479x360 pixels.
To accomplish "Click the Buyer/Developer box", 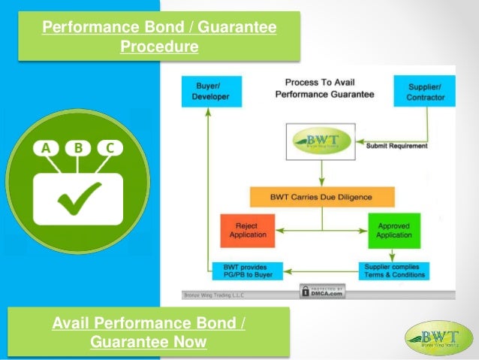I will [x=211, y=90].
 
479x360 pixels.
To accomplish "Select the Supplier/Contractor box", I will [x=425, y=90].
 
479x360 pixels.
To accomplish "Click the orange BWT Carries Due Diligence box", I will [x=321, y=197].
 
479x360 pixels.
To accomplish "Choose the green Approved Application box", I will [x=395, y=229].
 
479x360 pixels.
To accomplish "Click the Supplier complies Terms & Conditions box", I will [x=394, y=271].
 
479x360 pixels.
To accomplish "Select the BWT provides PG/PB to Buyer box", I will [x=247, y=271].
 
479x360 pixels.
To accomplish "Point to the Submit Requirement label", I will [x=396, y=146].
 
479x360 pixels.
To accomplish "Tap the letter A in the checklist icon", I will [x=46, y=148].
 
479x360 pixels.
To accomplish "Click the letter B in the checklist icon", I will [x=77, y=148].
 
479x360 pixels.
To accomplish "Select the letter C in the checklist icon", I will [x=110, y=148].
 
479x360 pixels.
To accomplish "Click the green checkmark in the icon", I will [x=78, y=195].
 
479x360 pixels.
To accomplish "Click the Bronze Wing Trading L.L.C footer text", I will [x=214, y=295].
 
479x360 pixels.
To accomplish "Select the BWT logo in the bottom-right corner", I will [x=439, y=337].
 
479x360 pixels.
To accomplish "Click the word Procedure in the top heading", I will [x=159, y=47].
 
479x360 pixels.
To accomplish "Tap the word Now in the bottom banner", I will [x=191, y=343].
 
